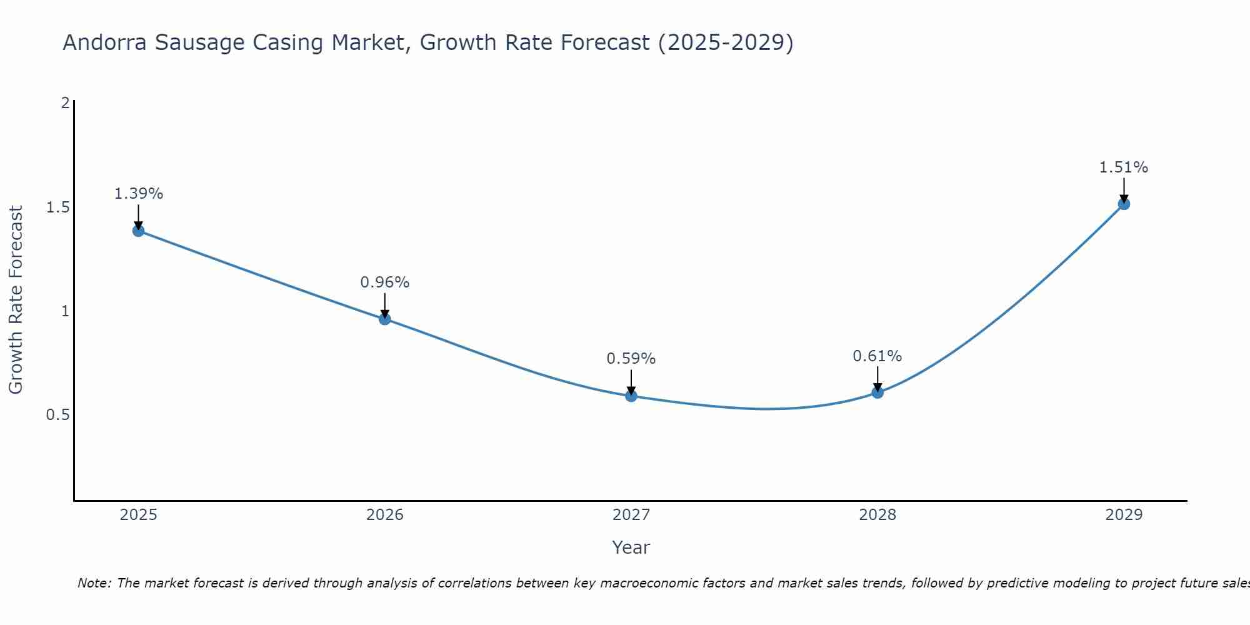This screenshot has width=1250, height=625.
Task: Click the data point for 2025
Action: [139, 231]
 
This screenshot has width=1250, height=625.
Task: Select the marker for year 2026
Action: [385, 319]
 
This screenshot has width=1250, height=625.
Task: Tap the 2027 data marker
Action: [631, 396]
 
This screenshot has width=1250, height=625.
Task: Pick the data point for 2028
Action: [877, 392]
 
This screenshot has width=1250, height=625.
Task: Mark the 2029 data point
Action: [1124, 204]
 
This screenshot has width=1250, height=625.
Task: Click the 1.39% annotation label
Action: [139, 194]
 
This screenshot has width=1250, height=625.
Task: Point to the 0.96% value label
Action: [385, 282]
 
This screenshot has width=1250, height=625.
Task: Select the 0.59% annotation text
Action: [631, 359]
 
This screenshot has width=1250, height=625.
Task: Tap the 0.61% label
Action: [877, 356]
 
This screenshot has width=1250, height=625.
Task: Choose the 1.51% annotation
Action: [1124, 167]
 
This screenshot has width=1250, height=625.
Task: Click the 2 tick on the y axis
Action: [65, 103]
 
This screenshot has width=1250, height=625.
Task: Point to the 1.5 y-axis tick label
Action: [58, 207]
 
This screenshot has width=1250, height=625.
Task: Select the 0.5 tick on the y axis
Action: [58, 415]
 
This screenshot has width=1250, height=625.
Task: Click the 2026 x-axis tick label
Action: [385, 515]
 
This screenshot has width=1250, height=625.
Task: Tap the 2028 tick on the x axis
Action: [877, 515]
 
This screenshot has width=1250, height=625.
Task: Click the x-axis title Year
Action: [631, 547]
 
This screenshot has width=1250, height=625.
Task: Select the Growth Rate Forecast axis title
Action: [16, 300]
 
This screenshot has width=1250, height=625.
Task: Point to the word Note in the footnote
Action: [94, 583]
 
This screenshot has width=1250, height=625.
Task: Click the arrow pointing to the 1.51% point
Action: [1124, 189]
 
